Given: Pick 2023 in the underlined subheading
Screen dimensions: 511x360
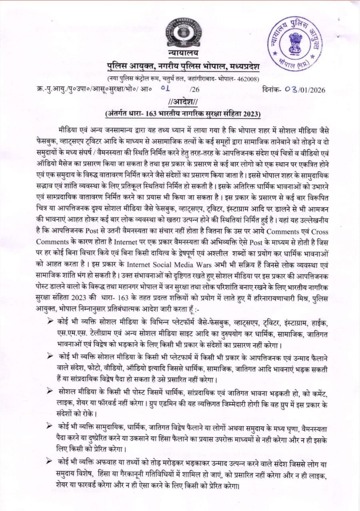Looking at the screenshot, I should point(250,113).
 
